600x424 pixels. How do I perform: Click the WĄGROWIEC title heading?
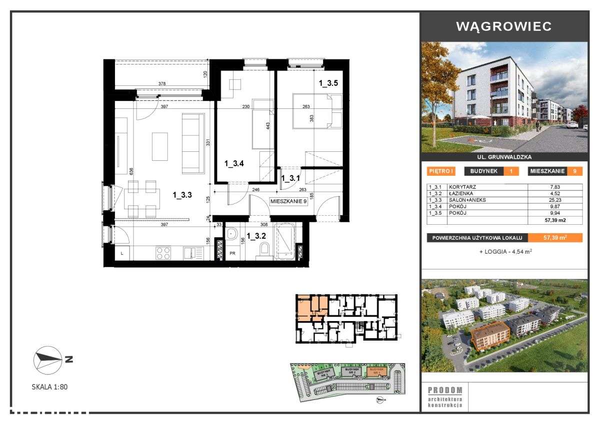(x=504, y=26)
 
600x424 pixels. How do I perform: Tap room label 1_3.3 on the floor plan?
(x=182, y=196)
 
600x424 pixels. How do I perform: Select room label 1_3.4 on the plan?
(x=233, y=163)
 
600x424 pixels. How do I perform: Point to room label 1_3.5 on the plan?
(x=328, y=84)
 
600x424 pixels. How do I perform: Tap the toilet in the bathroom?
(x=265, y=248)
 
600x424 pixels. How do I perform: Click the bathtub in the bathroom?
(x=285, y=241)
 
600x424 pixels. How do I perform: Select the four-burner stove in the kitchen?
(x=163, y=253)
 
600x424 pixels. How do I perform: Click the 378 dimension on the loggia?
(x=161, y=84)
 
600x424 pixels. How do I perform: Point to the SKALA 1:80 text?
(x=49, y=387)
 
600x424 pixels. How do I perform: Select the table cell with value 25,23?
(x=555, y=200)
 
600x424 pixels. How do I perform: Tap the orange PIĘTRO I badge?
(x=441, y=171)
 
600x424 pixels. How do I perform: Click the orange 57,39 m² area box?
(x=555, y=238)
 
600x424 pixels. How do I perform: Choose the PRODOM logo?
(x=445, y=390)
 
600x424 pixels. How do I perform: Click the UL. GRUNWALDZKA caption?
(x=504, y=157)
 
